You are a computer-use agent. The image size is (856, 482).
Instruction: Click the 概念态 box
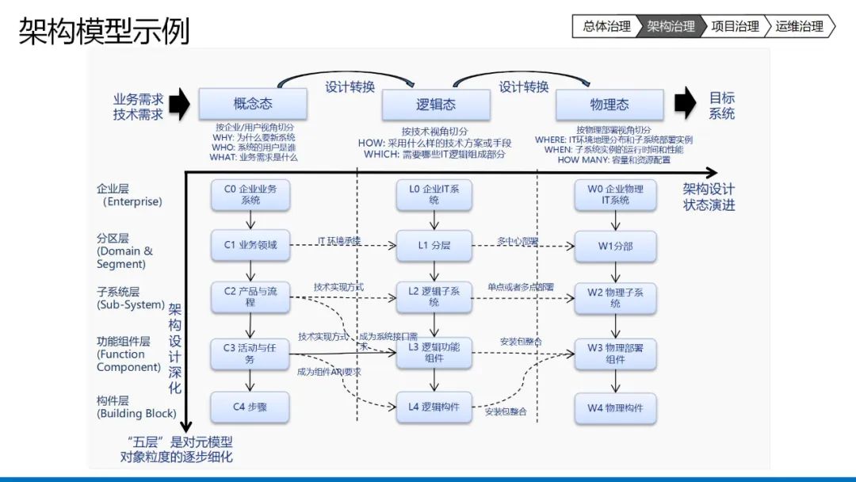(x=253, y=105)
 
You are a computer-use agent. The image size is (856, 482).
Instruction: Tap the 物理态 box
(x=610, y=105)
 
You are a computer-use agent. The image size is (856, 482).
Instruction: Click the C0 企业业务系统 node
(x=250, y=195)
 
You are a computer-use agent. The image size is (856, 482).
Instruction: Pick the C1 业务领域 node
(x=250, y=246)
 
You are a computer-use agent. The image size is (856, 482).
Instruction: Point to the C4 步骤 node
(x=250, y=407)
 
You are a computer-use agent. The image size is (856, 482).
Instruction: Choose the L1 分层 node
(x=434, y=246)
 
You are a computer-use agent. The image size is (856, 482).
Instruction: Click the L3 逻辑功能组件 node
(x=434, y=353)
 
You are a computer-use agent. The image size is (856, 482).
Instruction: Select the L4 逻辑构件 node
(x=434, y=407)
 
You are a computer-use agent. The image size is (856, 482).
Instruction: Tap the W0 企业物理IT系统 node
(x=616, y=195)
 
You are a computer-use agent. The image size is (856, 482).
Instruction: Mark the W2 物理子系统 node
(x=616, y=298)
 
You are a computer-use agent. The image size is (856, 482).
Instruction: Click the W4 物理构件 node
(x=616, y=407)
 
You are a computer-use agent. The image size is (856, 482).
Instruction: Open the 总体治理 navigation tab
(x=606, y=26)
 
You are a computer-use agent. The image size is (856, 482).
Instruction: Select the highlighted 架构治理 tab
(x=671, y=26)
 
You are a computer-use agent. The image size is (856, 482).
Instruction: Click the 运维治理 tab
(x=799, y=26)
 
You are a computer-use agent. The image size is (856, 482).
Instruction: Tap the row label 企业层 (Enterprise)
(x=128, y=196)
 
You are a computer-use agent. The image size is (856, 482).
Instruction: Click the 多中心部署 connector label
(x=518, y=240)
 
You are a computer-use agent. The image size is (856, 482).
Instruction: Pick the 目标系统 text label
(x=721, y=105)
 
